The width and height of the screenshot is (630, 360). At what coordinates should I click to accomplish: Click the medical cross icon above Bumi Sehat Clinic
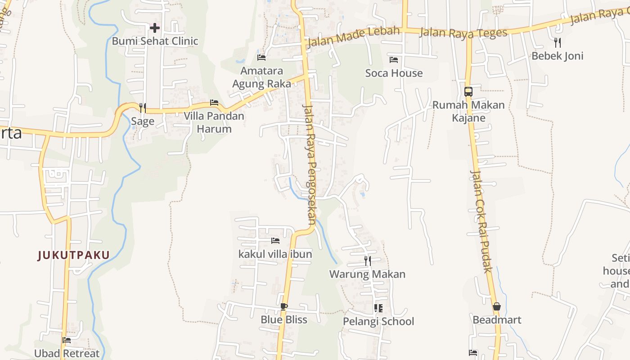pyautogui.click(x=154, y=28)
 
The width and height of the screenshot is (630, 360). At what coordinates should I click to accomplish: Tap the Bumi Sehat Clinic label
pyautogui.click(x=155, y=41)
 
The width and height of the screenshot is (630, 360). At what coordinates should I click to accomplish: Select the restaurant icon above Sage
pyautogui.click(x=142, y=108)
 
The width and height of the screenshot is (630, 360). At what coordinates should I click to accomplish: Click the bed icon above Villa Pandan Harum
pyautogui.click(x=214, y=103)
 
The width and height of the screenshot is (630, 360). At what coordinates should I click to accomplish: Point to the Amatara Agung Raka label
pyautogui.click(x=261, y=77)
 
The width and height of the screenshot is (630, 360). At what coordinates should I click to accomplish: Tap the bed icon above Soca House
pyautogui.click(x=394, y=60)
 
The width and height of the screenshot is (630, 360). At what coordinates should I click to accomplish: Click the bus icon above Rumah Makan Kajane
pyautogui.click(x=468, y=92)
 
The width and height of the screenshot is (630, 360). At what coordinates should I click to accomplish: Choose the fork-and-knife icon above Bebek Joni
pyautogui.click(x=558, y=43)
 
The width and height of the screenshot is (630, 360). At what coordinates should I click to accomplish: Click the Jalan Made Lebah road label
pyautogui.click(x=353, y=37)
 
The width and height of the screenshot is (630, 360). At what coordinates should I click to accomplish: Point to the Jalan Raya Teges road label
pyautogui.click(x=463, y=32)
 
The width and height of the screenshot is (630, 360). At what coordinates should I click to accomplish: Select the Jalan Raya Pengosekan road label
pyautogui.click(x=310, y=164)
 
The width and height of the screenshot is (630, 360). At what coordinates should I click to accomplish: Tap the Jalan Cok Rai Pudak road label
pyautogui.click(x=480, y=221)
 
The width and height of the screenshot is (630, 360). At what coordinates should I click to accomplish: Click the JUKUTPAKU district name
pyautogui.click(x=74, y=255)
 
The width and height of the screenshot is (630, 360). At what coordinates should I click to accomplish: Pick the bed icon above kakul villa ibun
pyautogui.click(x=275, y=241)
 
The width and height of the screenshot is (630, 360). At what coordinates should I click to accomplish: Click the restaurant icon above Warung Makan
pyautogui.click(x=367, y=261)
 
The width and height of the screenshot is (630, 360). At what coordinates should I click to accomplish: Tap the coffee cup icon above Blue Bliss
pyautogui.click(x=284, y=307)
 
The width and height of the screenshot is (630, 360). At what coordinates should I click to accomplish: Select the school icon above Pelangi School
pyautogui.click(x=378, y=308)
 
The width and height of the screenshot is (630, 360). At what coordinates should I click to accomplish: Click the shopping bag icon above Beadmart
pyautogui.click(x=497, y=307)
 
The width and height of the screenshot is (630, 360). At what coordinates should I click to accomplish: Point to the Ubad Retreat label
pyautogui.click(x=67, y=353)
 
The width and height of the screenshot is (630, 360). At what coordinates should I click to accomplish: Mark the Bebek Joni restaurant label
pyautogui.click(x=557, y=56)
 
